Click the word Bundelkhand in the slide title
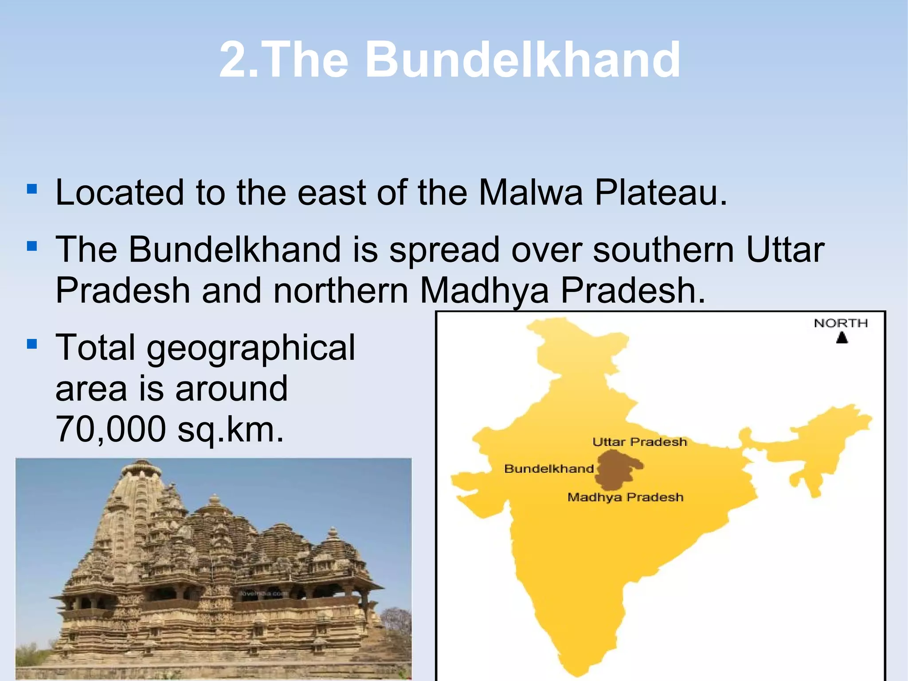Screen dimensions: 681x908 pos(523,60)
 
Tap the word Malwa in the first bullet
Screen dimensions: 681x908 pos(530,193)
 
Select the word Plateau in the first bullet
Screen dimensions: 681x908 pos(661,193)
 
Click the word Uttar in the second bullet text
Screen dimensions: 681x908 pos(785,250)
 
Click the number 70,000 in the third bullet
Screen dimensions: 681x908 pos(110,429)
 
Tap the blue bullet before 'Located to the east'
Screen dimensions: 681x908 pos(31,190)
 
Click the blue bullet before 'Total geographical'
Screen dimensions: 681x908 pos(31,344)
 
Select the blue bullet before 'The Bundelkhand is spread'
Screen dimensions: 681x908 pos(31,246)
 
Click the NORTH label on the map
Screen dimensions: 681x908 pos(841,323)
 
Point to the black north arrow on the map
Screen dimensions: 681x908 pos(842,338)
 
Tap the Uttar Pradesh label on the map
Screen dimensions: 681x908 pos(639,442)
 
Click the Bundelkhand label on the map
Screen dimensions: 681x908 pos(549,469)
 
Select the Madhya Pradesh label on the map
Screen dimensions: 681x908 pos(625,497)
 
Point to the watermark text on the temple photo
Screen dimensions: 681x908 pos(264,593)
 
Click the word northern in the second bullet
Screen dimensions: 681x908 pos(340,291)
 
